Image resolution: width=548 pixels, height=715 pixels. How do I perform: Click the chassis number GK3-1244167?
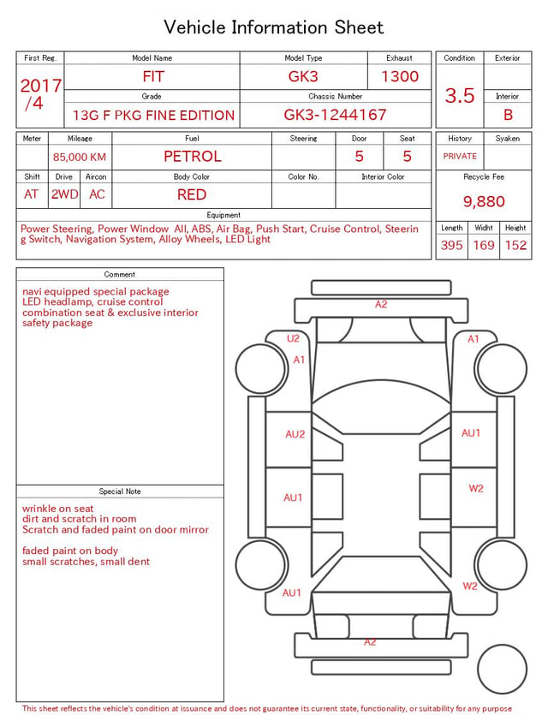[x=335, y=115]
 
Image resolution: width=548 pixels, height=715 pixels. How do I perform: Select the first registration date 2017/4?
[x=40, y=94]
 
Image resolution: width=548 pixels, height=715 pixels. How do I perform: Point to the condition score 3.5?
[x=460, y=95]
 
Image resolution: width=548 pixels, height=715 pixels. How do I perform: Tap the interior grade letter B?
[x=508, y=115]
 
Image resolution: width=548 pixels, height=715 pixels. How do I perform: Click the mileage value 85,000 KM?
[x=80, y=158]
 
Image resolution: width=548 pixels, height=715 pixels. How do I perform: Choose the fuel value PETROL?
[x=193, y=157]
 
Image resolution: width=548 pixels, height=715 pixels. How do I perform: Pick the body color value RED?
[x=192, y=194]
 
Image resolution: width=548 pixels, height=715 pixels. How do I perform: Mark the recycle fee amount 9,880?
[x=484, y=201]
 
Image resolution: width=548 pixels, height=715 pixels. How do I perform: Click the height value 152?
[x=515, y=245]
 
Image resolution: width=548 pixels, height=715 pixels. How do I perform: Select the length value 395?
[x=452, y=245]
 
